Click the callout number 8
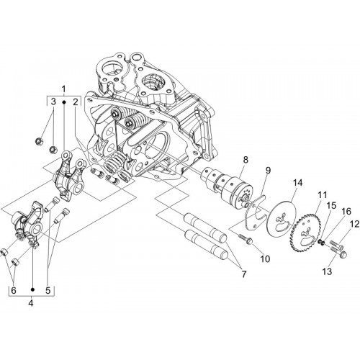pos(246,160)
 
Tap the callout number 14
pos(297,183)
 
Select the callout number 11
pos(323,195)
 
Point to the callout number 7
pos(244,274)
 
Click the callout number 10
pos(265,258)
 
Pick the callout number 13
pos(327,271)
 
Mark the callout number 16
pos(346,212)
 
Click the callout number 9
pos(268,171)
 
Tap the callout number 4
pos(31,303)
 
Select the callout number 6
pos(14,290)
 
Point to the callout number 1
pos(63,89)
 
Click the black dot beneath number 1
pos(64,102)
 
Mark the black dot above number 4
pos(33,289)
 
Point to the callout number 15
pos(333,205)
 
